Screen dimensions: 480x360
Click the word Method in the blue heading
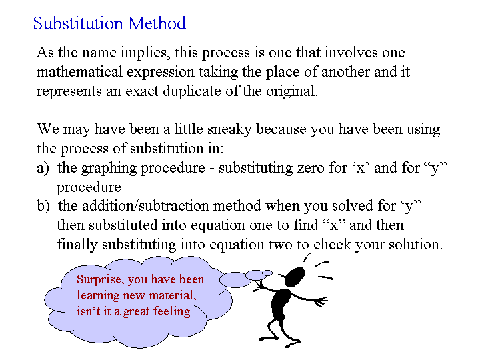pos(157,23)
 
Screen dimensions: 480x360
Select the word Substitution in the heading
pos(78,23)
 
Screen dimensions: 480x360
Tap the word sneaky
pos(229,129)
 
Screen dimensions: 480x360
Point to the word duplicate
pos(191,91)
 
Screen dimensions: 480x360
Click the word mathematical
pos(79,71)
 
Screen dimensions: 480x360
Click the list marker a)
pos(43,169)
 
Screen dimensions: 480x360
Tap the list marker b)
pos(43,206)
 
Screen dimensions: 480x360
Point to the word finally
pos(77,245)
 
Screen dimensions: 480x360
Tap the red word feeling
pos(172,311)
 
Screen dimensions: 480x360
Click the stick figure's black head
pos(294,276)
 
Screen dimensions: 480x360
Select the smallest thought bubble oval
pos(267,273)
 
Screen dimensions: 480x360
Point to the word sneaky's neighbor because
pos(281,129)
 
